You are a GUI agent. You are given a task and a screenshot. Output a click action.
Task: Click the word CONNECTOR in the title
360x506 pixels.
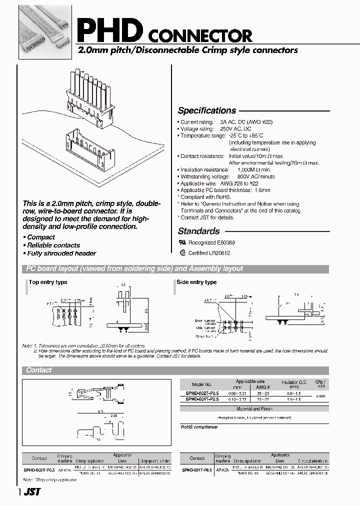[x=202, y=36]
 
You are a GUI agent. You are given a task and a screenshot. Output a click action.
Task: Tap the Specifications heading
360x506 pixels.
[x=206, y=110]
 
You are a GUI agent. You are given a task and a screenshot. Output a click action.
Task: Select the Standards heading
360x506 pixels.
[x=198, y=231]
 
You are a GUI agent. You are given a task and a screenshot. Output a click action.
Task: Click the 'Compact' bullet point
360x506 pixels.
[x=40, y=237]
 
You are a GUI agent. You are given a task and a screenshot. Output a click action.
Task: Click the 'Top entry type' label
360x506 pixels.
[x=48, y=282]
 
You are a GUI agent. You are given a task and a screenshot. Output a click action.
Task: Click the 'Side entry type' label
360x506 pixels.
[x=196, y=282]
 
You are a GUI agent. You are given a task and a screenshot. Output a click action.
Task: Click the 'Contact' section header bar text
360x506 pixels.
[x=39, y=370]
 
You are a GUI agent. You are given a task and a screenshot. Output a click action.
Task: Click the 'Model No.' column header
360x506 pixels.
[x=198, y=384]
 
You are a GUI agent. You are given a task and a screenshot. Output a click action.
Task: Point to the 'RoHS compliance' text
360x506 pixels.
[x=199, y=427]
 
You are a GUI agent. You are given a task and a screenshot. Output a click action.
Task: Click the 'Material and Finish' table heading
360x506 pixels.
[x=253, y=408]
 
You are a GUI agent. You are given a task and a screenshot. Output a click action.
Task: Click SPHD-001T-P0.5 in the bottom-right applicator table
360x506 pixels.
[x=197, y=470]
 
